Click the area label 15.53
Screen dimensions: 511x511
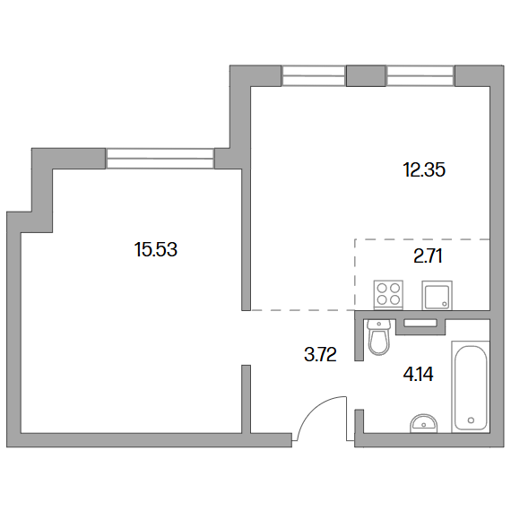coord(156,249)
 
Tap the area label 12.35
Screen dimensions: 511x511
coord(424,169)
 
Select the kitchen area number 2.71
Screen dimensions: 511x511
coord(428,255)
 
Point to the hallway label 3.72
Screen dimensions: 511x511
coord(320,354)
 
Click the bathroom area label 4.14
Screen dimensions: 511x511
coord(418,374)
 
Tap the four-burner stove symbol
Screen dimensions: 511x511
coord(388,295)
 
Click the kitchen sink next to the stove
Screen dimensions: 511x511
coord(437,295)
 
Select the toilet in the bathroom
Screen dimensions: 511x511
coord(378,337)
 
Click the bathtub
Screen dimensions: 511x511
coord(471,386)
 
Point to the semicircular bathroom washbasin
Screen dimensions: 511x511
coord(424,424)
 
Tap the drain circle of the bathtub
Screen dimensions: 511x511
coord(471,420)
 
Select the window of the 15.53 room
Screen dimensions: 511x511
coord(160,159)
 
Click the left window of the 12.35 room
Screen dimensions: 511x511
coord(313,75)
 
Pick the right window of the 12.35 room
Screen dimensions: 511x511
coord(420,75)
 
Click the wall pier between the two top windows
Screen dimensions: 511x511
coord(367,75)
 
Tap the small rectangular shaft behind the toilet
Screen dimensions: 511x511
coord(420,323)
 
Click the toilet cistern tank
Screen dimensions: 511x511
coord(378,325)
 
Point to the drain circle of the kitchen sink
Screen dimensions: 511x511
coord(445,304)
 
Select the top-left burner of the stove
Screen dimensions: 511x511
coord(382,288)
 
